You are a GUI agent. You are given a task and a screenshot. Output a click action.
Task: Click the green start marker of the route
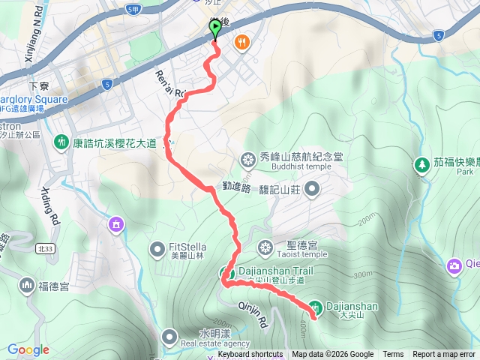(215, 29)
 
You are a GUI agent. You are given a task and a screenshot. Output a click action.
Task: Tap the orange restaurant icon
(241, 42)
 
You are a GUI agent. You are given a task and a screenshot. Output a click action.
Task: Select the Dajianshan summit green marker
(316, 307)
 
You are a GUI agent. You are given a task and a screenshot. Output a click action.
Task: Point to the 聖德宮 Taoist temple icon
(265, 247)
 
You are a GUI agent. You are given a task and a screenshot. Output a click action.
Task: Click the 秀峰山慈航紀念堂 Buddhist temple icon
(247, 159)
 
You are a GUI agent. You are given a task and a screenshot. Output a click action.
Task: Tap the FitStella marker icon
(157, 247)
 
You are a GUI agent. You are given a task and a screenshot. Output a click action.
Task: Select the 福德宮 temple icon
(27, 285)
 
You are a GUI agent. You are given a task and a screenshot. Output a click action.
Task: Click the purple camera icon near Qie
(454, 265)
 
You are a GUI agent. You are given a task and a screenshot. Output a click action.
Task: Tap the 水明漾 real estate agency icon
(169, 337)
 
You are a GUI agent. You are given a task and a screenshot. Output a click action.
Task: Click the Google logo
(28, 349)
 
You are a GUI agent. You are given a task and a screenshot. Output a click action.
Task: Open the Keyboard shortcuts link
(250, 355)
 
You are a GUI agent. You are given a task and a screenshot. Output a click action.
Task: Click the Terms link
(393, 355)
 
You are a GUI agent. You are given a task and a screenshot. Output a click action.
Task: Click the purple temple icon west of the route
(115, 223)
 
